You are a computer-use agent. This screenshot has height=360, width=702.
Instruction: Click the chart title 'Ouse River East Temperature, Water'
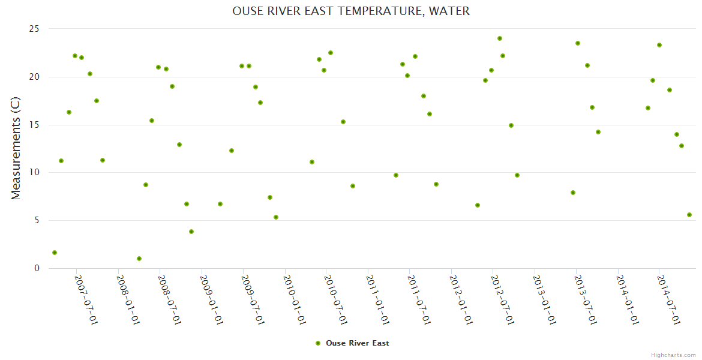tap(351, 11)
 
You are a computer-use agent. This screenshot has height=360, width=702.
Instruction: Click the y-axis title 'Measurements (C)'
tap(16, 148)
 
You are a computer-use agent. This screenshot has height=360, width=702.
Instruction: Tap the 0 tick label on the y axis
tap(37, 268)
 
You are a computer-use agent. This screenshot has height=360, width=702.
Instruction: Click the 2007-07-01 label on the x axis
tap(86, 299)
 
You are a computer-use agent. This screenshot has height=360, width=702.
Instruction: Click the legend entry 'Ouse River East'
tap(357, 343)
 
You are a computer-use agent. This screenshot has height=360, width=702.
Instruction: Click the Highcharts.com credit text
tap(673, 355)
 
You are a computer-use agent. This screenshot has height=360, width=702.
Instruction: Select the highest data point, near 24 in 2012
tap(499, 38)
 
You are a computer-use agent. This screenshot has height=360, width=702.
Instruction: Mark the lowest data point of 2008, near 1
tap(139, 259)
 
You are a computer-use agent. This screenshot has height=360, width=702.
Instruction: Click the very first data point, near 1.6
tap(55, 253)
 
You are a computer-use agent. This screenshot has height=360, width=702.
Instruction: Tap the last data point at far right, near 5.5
tap(689, 215)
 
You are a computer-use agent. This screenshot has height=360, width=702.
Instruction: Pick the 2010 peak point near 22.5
tap(331, 53)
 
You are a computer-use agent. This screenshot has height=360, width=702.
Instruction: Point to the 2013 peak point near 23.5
tap(578, 43)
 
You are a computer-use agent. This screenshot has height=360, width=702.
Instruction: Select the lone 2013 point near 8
tap(573, 193)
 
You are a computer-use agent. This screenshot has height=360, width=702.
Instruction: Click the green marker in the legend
tap(318, 343)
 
